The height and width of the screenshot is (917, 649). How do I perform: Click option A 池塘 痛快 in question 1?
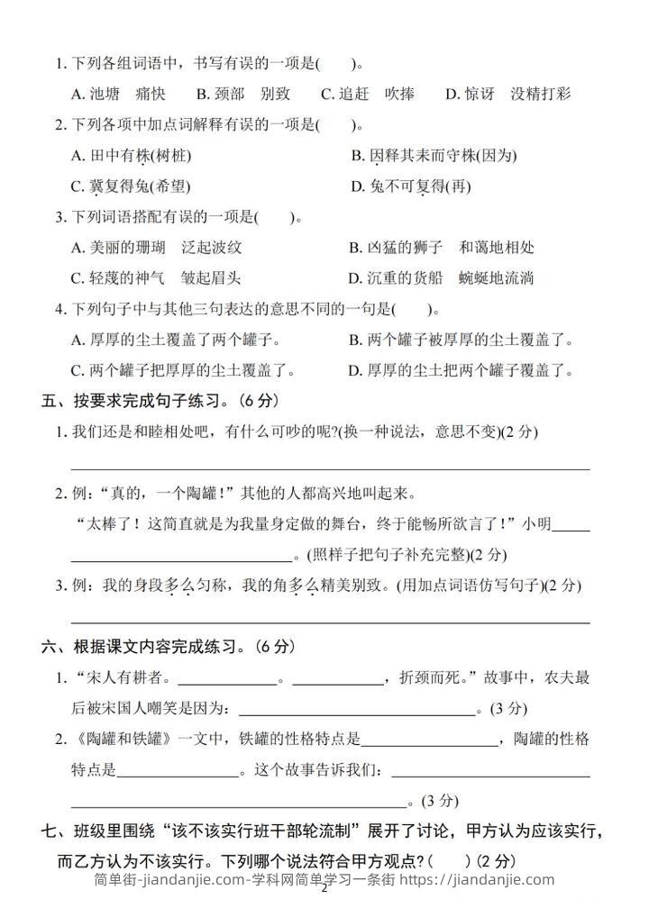coord(118,94)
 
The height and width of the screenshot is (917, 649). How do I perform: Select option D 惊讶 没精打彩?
coord(508,94)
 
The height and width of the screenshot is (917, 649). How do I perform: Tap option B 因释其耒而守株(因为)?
coord(434,156)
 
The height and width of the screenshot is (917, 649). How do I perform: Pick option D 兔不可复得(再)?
coord(410,187)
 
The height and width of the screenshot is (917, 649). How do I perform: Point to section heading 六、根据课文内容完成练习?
coord(168,647)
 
